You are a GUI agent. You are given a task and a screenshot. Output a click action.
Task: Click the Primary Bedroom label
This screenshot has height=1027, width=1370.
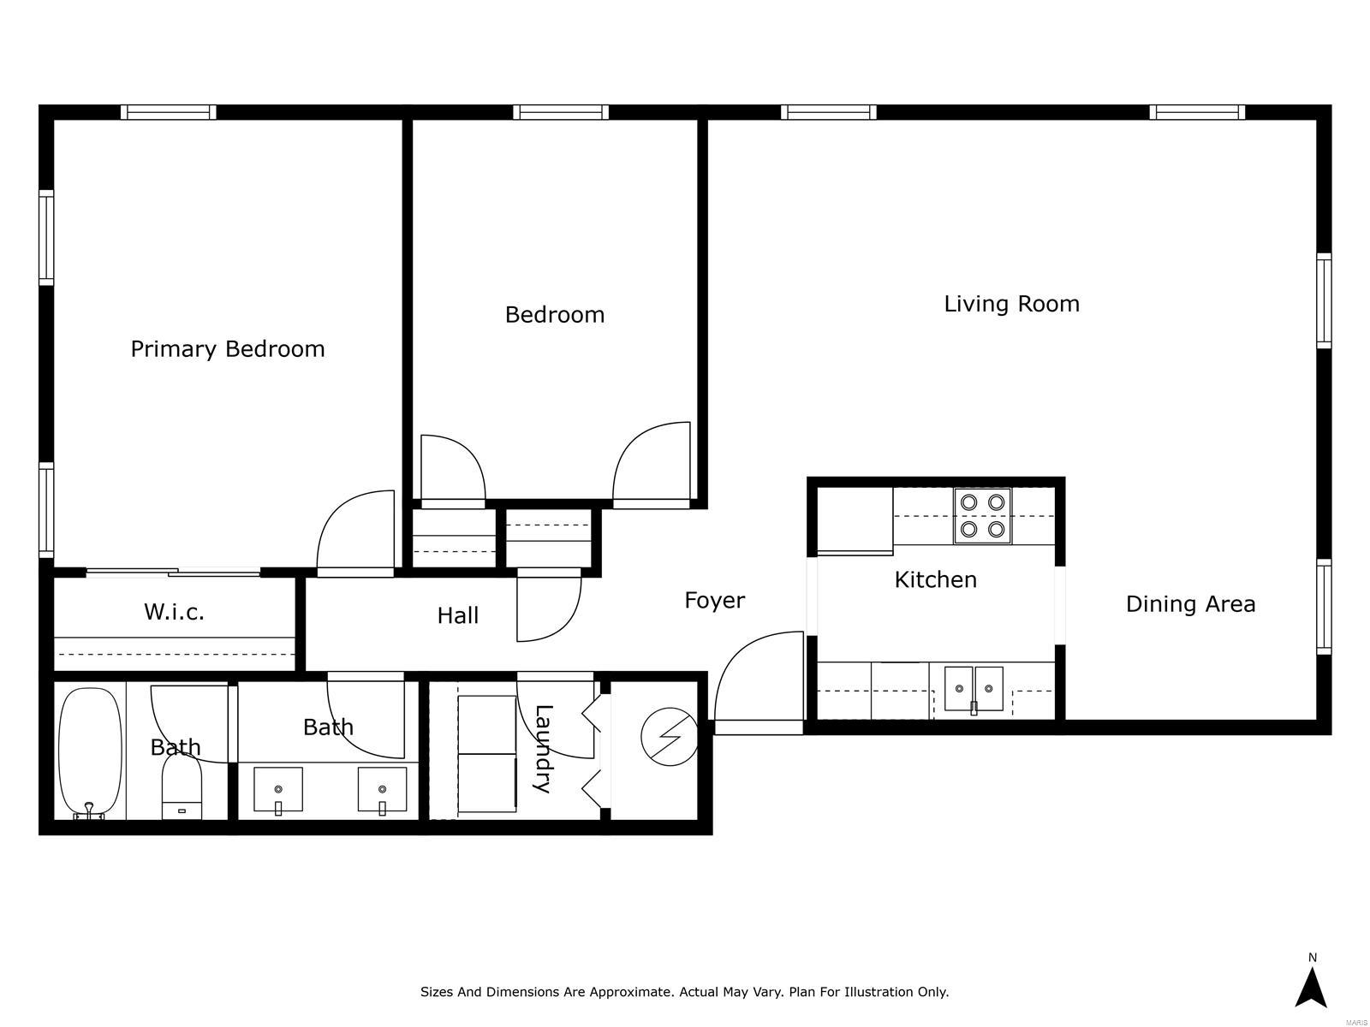tap(227, 349)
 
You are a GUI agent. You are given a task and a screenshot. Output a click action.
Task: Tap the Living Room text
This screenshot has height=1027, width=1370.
tap(1011, 304)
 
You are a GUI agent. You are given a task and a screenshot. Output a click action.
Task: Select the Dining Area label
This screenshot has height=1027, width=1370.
tap(1190, 603)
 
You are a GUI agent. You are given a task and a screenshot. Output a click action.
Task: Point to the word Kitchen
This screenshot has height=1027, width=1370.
tap(935, 579)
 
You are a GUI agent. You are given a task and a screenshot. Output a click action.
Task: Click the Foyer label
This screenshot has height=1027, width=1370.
tap(715, 601)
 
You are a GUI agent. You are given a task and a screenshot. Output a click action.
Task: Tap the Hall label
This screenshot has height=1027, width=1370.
tap(457, 615)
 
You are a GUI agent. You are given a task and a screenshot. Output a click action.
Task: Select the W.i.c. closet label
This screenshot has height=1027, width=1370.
tap(174, 612)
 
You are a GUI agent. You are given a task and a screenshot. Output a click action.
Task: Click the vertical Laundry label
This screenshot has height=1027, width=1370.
tap(544, 748)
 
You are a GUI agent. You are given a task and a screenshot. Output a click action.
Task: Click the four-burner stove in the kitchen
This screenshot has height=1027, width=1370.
tap(982, 516)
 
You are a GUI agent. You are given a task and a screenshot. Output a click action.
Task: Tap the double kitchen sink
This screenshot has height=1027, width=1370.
tap(973, 688)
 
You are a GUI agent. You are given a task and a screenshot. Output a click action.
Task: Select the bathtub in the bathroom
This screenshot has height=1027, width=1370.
tap(90, 753)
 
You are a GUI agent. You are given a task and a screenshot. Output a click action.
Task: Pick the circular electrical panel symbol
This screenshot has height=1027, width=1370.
tap(669, 736)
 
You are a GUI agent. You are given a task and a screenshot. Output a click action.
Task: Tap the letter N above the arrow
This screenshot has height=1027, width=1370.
tap(1313, 958)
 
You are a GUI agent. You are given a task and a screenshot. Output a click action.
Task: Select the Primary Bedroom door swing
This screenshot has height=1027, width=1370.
tap(355, 530)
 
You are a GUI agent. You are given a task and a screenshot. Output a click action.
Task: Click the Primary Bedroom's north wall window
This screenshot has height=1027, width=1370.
tap(168, 112)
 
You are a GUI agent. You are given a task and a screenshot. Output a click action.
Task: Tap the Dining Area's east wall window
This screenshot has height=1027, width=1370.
tap(1324, 607)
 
